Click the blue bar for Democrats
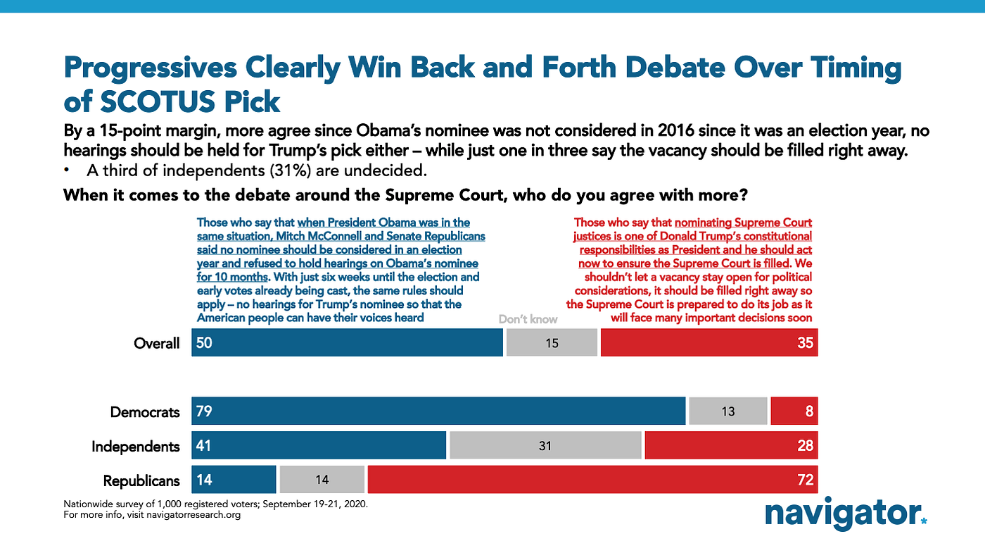click(438, 411)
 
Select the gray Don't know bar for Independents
click(545, 446)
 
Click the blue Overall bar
click(347, 343)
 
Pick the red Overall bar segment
click(708, 343)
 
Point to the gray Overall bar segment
click(552, 343)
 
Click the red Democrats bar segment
click(794, 411)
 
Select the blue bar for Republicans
click(234, 480)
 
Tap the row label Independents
click(136, 447)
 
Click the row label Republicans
click(141, 481)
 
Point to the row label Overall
click(157, 344)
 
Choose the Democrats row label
click(145, 412)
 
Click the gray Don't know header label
click(528, 319)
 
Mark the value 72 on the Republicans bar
click(805, 480)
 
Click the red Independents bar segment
click(730, 446)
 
